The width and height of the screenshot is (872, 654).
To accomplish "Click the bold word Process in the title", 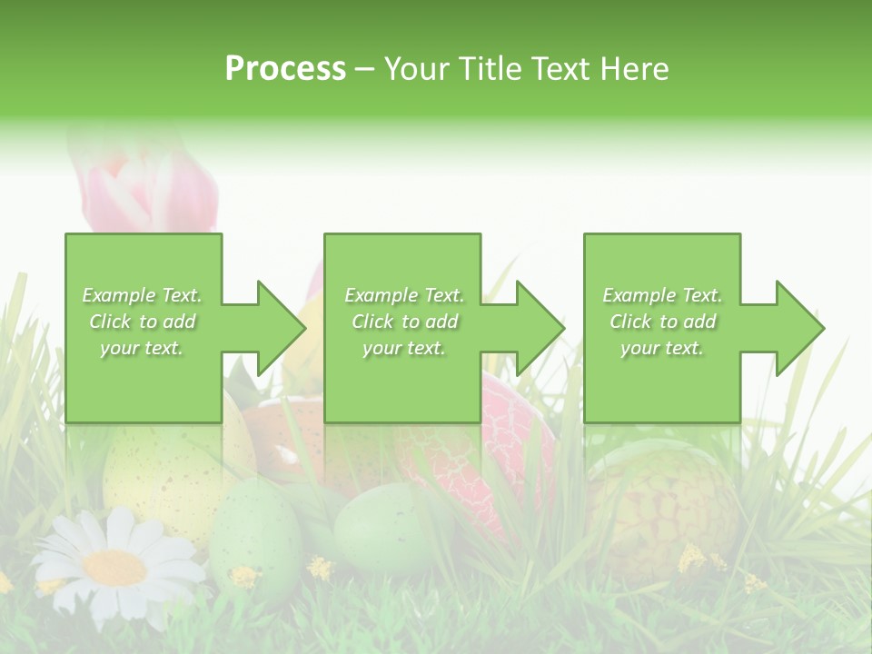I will tap(285, 69).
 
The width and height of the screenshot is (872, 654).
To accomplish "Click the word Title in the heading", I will tap(490, 69).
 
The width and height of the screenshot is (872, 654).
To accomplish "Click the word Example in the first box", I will tap(117, 295).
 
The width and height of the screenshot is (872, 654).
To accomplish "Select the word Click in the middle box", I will tap(373, 322).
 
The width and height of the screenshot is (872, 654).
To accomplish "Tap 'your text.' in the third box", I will tap(662, 348).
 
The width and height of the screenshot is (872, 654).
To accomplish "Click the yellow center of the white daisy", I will tap(114, 568).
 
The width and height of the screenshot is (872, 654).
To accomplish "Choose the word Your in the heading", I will tap(419, 69).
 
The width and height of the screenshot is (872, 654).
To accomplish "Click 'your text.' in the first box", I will tap(142, 348).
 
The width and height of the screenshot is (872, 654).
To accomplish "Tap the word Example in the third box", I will tap(639, 295).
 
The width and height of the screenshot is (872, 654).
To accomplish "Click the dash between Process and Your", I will tap(364, 69).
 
